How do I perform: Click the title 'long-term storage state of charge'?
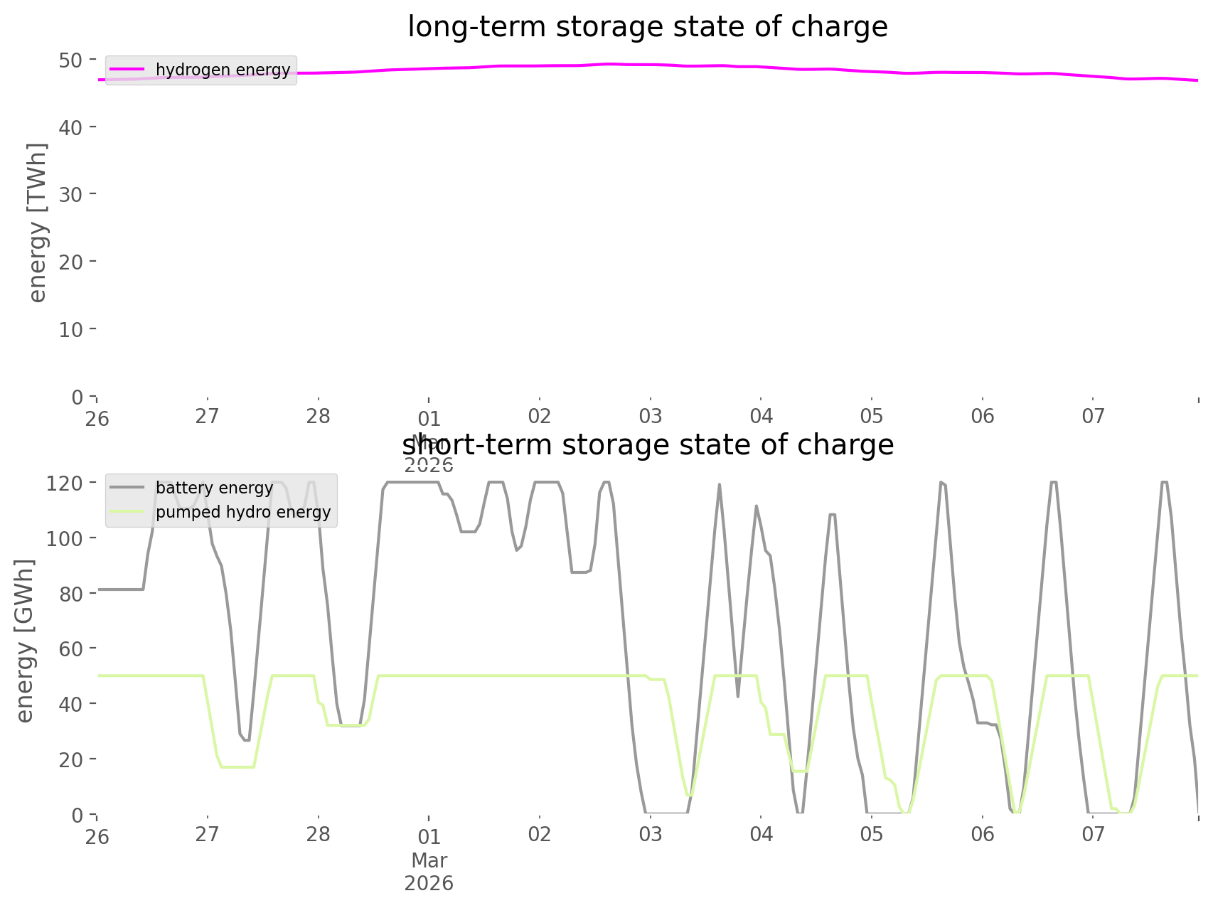pos(647,27)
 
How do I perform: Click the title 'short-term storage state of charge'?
pos(647,445)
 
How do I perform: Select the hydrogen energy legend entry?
pos(223,70)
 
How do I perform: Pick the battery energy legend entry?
pos(214,488)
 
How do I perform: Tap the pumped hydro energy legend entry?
pos(242,512)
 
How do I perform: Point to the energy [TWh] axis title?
pos(38,223)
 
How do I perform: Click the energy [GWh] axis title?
pos(26,641)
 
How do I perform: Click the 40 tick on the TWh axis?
pos(70,127)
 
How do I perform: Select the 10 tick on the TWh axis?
pos(70,329)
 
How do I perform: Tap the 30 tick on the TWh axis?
pos(70,194)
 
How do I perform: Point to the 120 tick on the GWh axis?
pos(65,484)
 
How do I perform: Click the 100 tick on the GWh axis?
pos(65,538)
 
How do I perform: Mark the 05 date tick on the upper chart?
pos(871,417)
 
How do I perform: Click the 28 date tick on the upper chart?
pos(319,417)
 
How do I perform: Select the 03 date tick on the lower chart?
pos(650,835)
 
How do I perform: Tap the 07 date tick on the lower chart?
pos(1093,835)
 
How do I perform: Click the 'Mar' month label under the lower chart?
pos(429,860)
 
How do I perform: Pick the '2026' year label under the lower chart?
pos(429,883)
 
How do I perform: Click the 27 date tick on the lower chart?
pos(207,835)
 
